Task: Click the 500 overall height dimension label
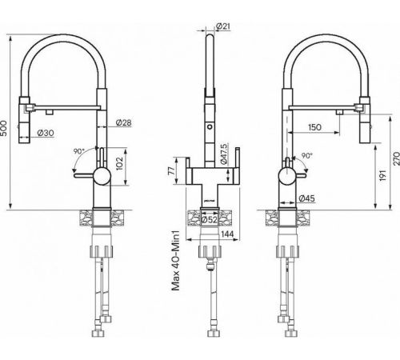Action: (x=4, y=128)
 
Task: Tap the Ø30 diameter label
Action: (x=46, y=133)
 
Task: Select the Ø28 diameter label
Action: (x=123, y=122)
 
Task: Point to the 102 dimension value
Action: (x=120, y=163)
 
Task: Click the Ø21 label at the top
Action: (x=222, y=26)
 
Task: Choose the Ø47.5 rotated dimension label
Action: (x=223, y=154)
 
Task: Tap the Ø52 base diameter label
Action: (x=210, y=220)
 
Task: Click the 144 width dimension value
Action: (x=227, y=234)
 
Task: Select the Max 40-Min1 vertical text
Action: (x=176, y=260)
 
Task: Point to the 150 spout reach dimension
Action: (x=314, y=127)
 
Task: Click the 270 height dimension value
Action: (x=397, y=158)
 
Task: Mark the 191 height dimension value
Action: (x=382, y=175)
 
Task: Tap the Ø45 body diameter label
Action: (x=306, y=198)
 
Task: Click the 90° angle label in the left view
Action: (x=79, y=151)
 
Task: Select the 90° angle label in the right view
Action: (x=306, y=155)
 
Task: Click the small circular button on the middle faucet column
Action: (x=210, y=126)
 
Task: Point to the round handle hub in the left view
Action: (x=102, y=176)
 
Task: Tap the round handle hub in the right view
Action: (x=287, y=176)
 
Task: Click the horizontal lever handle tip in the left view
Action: (x=75, y=175)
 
